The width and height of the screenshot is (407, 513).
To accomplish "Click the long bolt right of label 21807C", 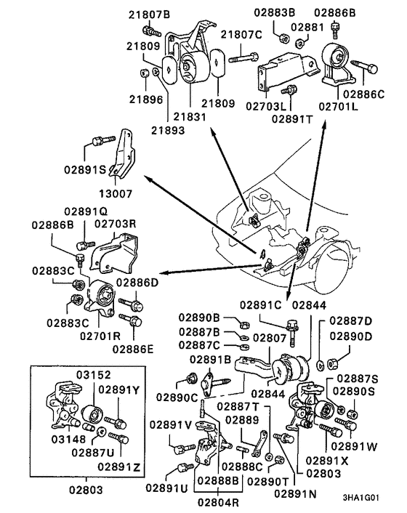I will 243,53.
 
